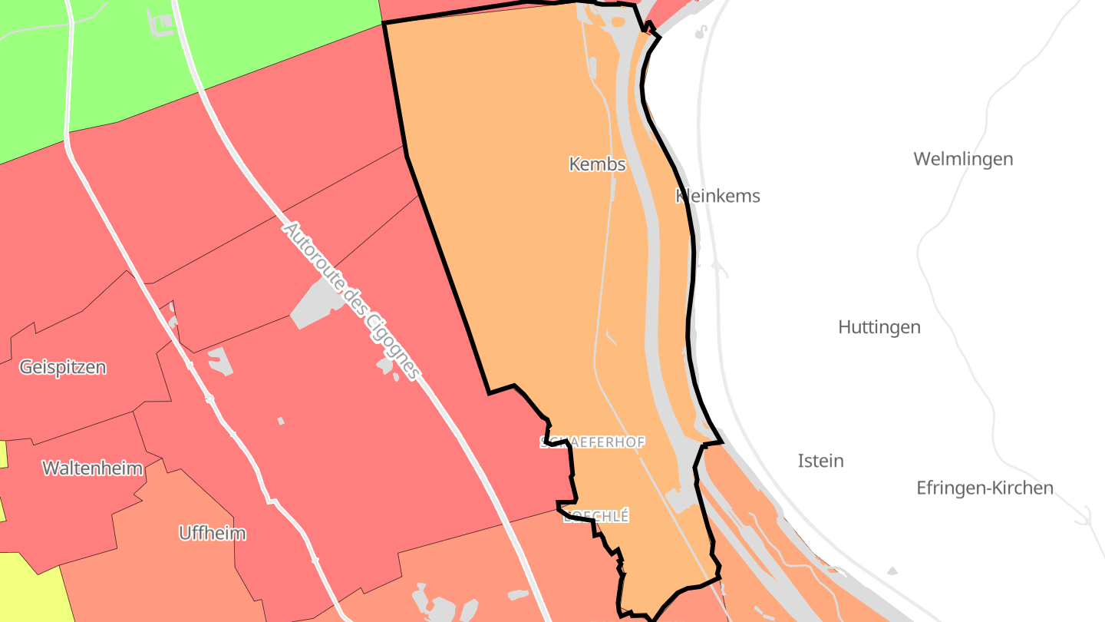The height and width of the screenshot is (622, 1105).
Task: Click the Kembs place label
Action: click(x=597, y=164)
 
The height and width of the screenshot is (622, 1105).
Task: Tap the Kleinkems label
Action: click(x=717, y=196)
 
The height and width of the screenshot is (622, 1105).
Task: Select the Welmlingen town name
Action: click(x=963, y=159)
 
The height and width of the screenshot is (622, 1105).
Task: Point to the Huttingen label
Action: click(x=879, y=327)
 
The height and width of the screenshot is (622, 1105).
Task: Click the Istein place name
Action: click(x=820, y=461)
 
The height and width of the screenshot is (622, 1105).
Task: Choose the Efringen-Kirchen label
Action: click(x=985, y=488)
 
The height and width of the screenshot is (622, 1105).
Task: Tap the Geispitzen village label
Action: click(x=63, y=367)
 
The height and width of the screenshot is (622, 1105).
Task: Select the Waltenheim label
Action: click(x=92, y=468)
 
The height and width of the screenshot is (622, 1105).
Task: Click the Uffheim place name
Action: click(x=213, y=533)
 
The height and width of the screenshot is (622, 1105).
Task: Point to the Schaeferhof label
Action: click(x=592, y=442)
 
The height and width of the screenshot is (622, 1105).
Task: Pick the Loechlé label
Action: click(x=596, y=517)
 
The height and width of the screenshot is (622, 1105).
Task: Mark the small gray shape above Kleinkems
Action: click(x=701, y=32)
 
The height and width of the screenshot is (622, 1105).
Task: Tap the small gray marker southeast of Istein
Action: click(x=892, y=571)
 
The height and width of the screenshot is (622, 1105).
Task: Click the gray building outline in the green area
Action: click(x=161, y=23)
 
